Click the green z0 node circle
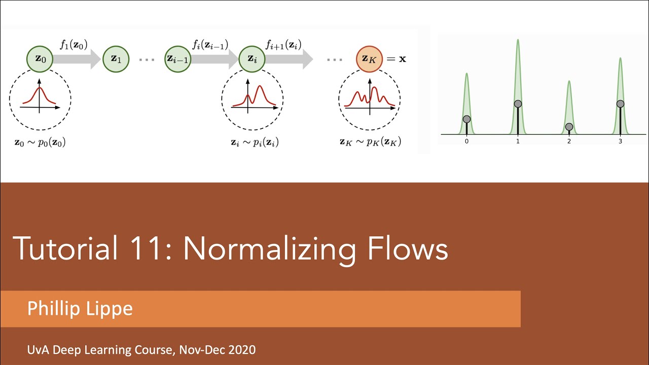40,59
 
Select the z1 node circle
116,59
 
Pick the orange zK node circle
369,59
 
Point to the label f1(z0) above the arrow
74,44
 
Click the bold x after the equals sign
402,59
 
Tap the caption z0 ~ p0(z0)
40,142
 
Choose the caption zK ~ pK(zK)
370,142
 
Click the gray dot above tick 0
466,119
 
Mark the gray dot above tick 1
518,104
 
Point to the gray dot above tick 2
569,127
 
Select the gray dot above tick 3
620,104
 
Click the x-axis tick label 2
569,141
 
